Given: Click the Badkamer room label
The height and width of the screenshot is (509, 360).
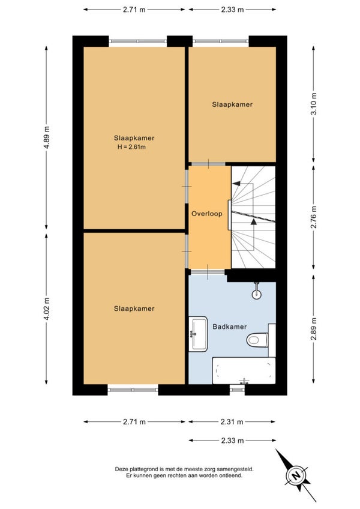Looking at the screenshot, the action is (230, 327).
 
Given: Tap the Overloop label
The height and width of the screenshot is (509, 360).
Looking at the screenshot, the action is (207, 214).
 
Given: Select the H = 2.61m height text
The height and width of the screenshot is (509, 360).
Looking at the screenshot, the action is (131, 146).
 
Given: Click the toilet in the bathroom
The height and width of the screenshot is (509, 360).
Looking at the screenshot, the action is (257, 340).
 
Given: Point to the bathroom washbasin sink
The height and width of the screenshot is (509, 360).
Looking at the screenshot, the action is (199, 334).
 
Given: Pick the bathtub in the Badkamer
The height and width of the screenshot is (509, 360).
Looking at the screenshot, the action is (244, 371).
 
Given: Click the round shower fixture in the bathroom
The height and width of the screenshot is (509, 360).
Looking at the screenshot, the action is (257, 294).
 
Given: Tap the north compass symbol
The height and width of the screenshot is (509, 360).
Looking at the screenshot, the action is (296, 476).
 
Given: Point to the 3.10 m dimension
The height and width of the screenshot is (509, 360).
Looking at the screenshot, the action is (314, 104).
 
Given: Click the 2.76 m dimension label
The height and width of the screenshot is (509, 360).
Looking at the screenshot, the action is (314, 217).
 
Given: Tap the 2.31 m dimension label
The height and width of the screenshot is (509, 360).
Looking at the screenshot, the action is (232, 422).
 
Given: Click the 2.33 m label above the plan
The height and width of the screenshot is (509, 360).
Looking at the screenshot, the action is (232, 10).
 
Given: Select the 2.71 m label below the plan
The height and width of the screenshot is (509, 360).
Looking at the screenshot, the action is (134, 422).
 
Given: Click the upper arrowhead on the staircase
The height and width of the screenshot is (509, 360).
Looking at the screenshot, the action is (236, 184).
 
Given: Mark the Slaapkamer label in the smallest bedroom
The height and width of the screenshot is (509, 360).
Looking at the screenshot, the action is (232, 104).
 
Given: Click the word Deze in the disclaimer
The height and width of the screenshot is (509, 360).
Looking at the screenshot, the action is (121, 469).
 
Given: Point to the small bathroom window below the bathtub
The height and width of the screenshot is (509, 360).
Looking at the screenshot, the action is (237, 390).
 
